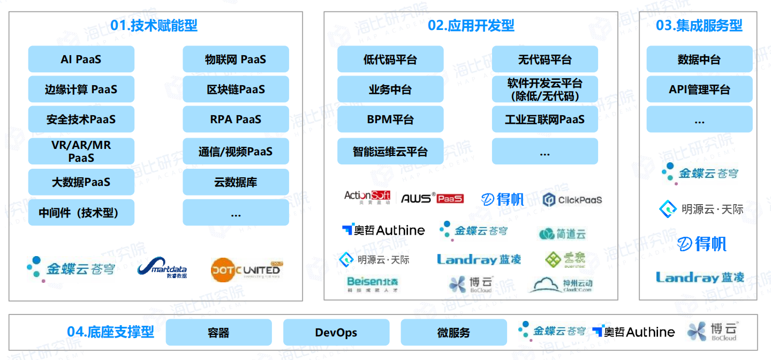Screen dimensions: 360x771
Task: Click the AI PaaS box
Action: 81,59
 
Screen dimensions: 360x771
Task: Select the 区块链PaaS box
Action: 236,89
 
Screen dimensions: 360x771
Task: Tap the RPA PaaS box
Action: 236,119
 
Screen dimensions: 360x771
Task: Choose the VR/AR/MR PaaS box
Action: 81,151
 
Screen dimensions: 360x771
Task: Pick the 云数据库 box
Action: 236,182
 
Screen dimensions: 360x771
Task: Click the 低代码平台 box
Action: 390,59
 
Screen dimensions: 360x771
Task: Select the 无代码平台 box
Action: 545,59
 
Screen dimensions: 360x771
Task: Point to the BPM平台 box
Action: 390,119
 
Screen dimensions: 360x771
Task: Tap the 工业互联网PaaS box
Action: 545,119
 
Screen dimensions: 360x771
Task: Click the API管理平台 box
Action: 699,89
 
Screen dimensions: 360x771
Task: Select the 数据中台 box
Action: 699,59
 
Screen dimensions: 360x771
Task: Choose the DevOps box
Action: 336,333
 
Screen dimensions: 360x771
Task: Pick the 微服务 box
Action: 453,333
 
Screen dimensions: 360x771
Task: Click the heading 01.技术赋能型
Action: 154,25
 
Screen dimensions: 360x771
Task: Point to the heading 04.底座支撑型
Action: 110,332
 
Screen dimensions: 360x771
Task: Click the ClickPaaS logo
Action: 572,200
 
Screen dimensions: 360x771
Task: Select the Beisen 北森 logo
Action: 373,284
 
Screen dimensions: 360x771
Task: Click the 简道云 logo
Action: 562,234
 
